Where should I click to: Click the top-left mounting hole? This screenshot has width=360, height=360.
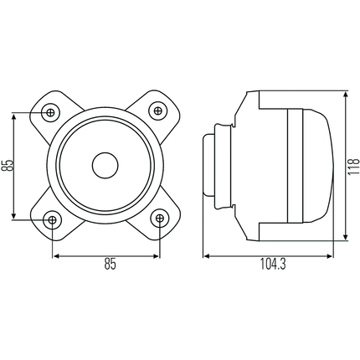pos(52,111)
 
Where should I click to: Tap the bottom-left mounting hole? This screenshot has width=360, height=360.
pos(52,219)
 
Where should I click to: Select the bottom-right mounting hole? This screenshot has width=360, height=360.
pos(159,219)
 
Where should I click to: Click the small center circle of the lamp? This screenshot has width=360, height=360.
pos(105,165)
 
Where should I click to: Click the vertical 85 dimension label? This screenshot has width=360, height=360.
pos(8,166)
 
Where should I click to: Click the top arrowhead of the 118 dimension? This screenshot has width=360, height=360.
pos(343,93)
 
